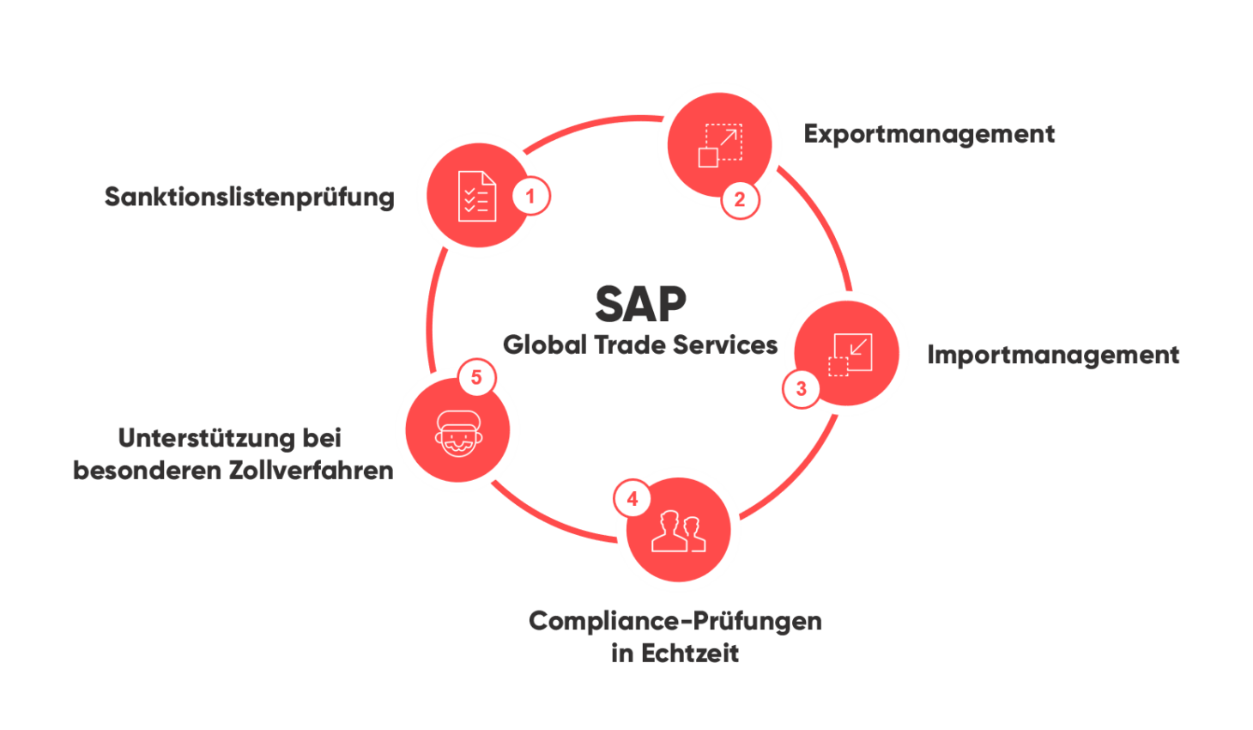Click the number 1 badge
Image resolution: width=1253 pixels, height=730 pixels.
(x=530, y=196)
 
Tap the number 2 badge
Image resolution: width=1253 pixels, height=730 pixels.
(x=739, y=200)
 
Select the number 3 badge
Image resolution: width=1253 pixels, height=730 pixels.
(x=801, y=388)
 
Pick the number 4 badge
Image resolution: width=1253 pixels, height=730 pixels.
(x=633, y=499)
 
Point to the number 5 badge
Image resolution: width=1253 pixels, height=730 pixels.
(x=476, y=377)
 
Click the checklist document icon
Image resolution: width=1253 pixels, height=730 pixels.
(x=476, y=197)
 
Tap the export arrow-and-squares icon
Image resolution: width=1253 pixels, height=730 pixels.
(x=720, y=144)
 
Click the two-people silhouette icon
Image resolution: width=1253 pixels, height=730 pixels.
(x=678, y=532)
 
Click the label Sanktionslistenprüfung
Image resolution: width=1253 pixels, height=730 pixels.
(x=250, y=198)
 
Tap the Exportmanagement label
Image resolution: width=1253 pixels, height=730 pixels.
(x=929, y=134)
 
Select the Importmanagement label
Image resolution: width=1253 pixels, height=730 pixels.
(x=1054, y=356)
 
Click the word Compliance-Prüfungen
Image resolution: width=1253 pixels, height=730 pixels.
(x=675, y=621)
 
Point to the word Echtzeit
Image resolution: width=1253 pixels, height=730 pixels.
(x=689, y=654)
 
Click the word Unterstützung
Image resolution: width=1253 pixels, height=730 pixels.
(x=205, y=438)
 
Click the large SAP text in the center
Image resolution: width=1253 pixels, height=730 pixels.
(x=641, y=302)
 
